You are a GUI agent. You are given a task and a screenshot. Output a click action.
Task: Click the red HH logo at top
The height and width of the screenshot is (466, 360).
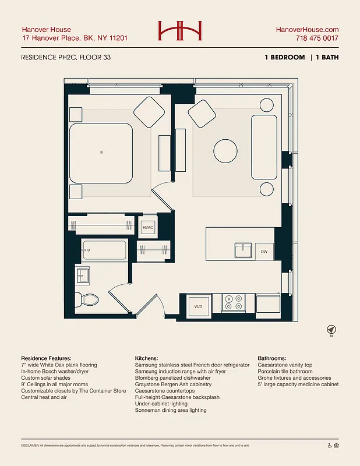(x=179, y=30)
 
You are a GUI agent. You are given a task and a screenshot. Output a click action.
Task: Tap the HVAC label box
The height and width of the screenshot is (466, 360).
(x=148, y=227)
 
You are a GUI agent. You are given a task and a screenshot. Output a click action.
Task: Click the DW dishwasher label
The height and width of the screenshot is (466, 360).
(x=264, y=252)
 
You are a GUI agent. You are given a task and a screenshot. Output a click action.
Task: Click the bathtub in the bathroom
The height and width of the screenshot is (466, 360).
(x=104, y=250)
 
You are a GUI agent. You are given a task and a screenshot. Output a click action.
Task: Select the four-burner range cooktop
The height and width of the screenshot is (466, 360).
(x=233, y=302)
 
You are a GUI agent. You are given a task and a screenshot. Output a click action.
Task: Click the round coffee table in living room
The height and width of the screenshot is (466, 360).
(x=225, y=151)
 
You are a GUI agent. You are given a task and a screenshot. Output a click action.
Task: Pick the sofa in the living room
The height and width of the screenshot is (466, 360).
(x=263, y=147)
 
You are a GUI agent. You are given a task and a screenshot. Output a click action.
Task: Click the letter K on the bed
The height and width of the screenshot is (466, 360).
(x=101, y=152)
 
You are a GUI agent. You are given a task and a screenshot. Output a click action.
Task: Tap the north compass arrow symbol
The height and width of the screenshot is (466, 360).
(x=330, y=329)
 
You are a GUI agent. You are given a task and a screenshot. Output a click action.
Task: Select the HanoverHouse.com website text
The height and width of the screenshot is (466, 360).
(x=306, y=29)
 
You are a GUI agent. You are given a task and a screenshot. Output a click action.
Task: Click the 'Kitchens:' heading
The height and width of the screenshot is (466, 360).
(x=146, y=358)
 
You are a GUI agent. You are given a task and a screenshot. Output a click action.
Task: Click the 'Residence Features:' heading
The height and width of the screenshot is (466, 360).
(x=46, y=358)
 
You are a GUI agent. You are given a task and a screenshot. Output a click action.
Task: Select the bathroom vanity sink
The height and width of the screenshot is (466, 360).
(x=83, y=274)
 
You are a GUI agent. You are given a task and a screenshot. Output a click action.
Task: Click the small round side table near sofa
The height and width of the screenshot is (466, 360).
(x=266, y=189)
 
